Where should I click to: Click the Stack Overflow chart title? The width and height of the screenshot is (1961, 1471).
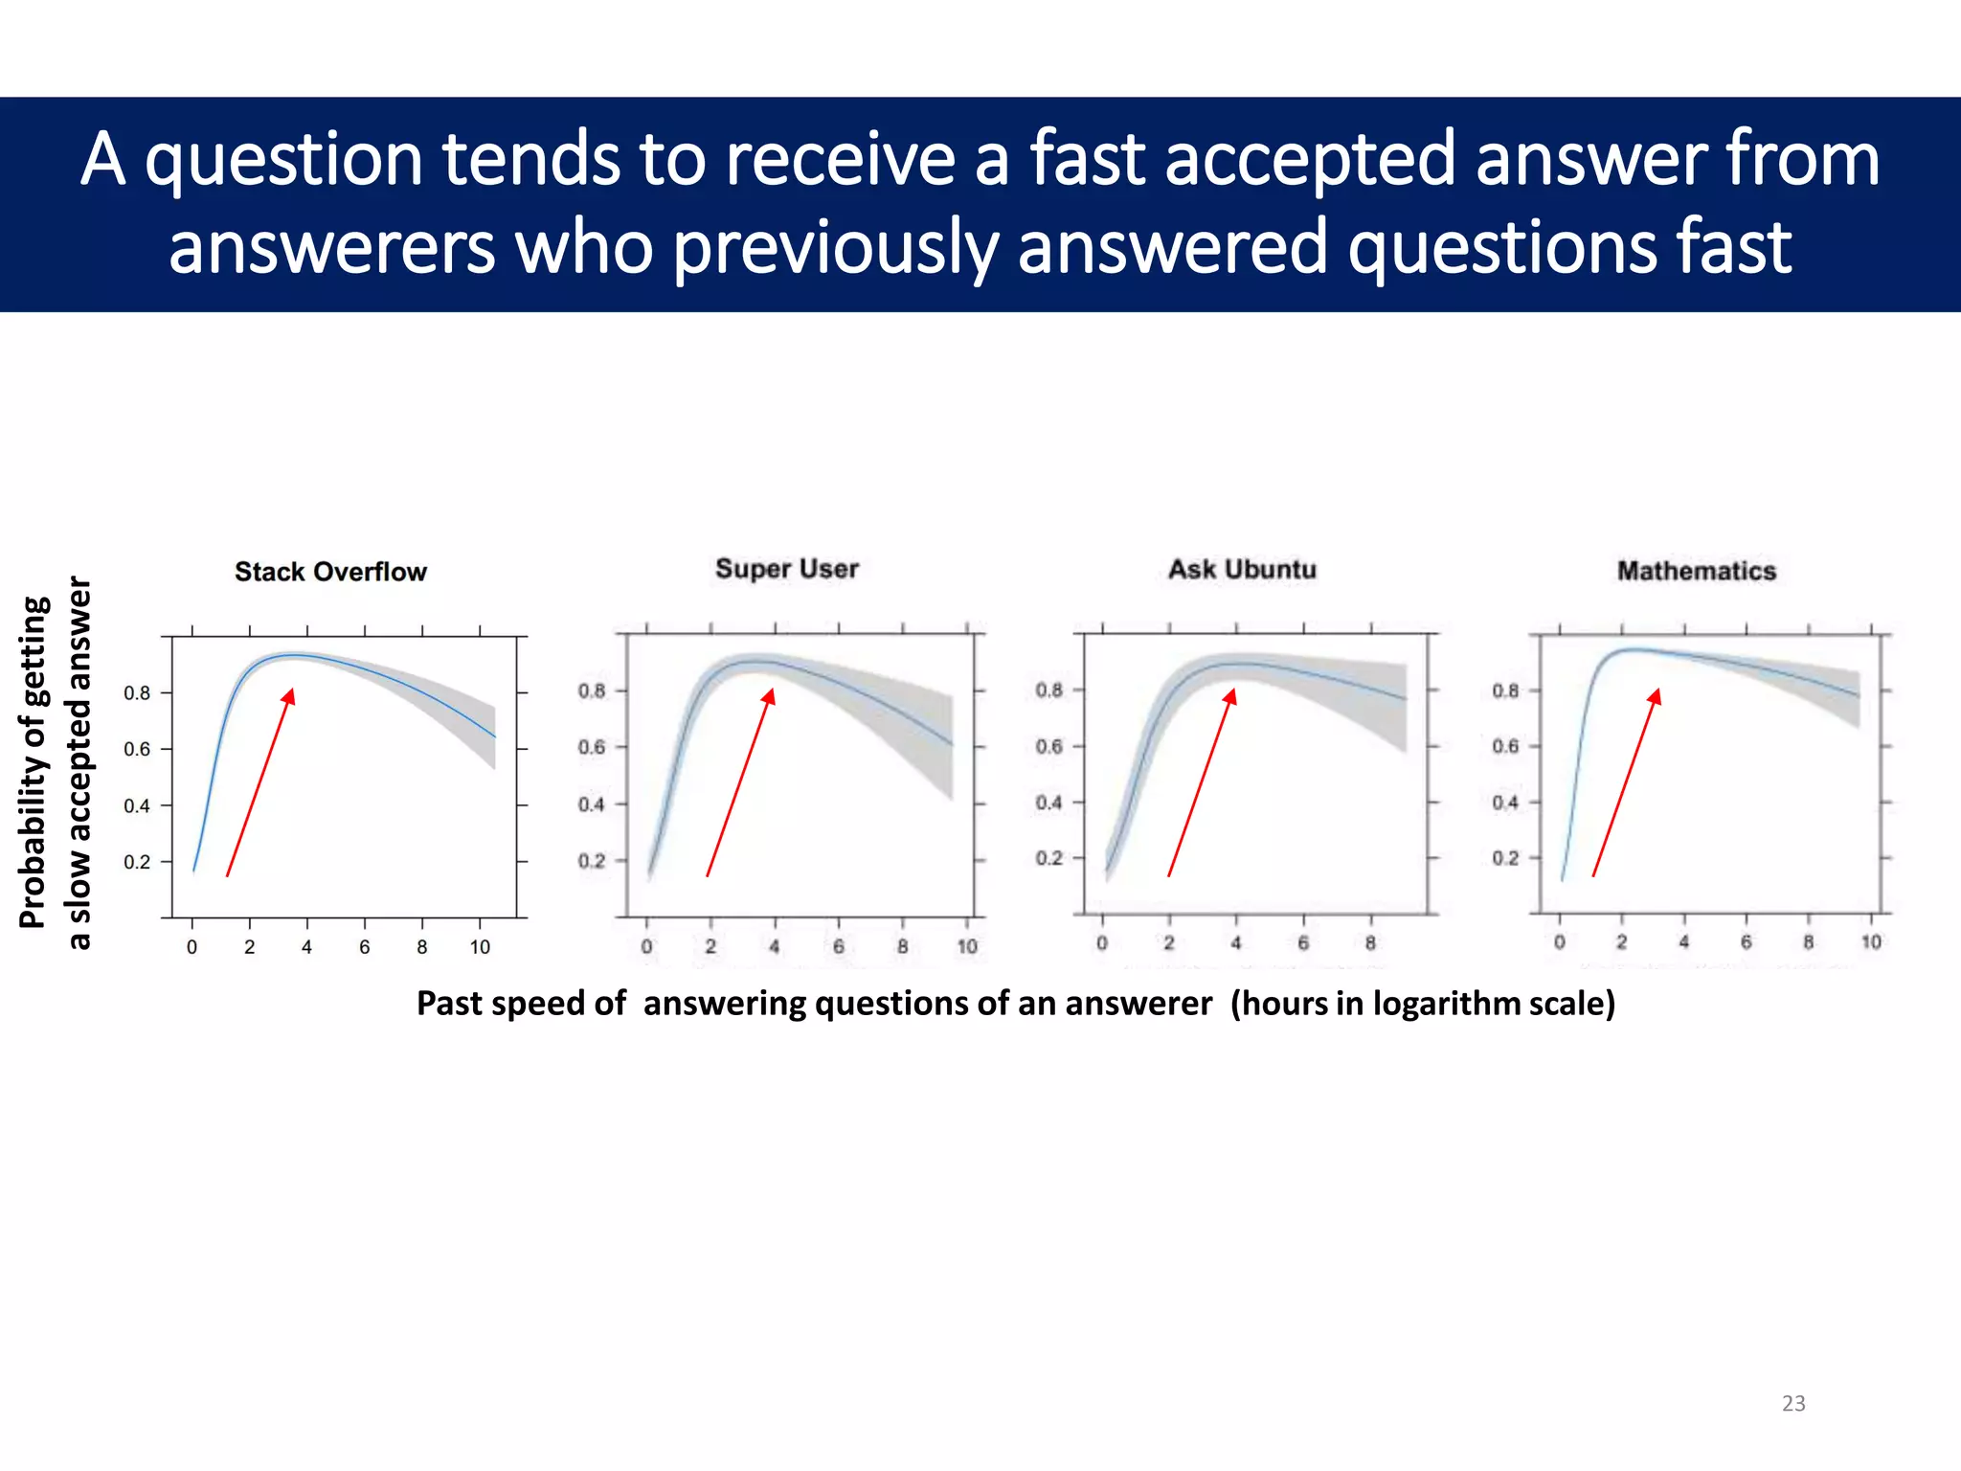coord(330,572)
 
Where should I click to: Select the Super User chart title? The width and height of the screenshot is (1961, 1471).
coord(787,569)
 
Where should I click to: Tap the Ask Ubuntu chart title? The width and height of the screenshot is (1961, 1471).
coord(1242,570)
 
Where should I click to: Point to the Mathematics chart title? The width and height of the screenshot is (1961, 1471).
coord(1697,571)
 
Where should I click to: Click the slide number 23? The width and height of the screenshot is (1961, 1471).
coord(1793,1403)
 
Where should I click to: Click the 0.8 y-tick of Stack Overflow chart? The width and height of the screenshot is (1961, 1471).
coord(137,692)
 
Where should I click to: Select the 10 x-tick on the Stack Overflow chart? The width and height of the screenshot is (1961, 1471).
coord(480,947)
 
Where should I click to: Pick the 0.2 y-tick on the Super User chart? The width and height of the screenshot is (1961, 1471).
coord(592,861)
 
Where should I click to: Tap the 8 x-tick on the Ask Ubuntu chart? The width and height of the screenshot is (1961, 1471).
coord(1370,943)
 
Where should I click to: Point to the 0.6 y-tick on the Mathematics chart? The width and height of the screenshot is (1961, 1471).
coord(1505,746)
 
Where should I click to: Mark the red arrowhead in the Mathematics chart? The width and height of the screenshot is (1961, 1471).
coord(1655,695)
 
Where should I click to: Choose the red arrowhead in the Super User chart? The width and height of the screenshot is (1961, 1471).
coord(768,695)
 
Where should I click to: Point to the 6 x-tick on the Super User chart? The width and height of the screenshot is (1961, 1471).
coord(839,947)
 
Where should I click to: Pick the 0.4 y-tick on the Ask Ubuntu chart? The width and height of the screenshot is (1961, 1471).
coord(1048,803)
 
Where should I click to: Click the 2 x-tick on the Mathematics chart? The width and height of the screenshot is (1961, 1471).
coord(1622,942)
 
